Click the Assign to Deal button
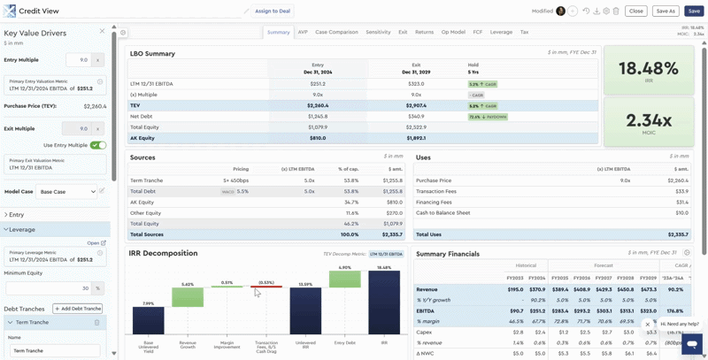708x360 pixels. pyautogui.click(x=272, y=11)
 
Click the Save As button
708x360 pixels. pyautogui.click(x=665, y=11)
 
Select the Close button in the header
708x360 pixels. pyautogui.click(x=635, y=11)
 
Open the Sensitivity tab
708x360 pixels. pyautogui.click(x=378, y=32)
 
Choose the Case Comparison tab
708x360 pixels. pyautogui.click(x=336, y=32)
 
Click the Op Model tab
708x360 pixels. pyautogui.click(x=453, y=32)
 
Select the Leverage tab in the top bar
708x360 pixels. pyautogui.click(x=501, y=32)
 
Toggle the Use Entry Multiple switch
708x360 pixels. pyautogui.click(x=97, y=145)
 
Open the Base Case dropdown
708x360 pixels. pyautogui.click(x=66, y=191)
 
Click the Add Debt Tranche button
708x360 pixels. pyautogui.click(x=78, y=309)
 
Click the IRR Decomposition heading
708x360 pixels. pyautogui.click(x=163, y=253)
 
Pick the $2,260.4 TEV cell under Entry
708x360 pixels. pyautogui.click(x=318, y=105)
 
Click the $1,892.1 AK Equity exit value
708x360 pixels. pyautogui.click(x=416, y=138)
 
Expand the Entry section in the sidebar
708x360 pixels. pyautogui.click(x=17, y=215)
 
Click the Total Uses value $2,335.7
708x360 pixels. pyautogui.click(x=675, y=234)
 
